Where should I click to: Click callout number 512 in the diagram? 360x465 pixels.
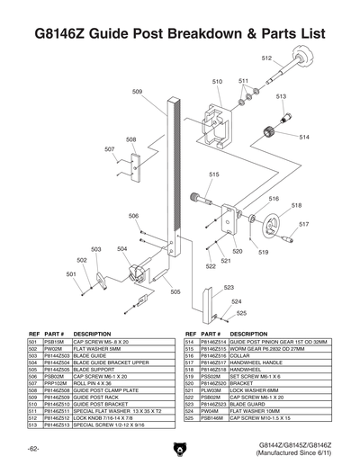[x=266, y=58]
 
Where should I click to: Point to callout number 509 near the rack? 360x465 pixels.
[x=137, y=92]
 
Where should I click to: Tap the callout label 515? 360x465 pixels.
[x=214, y=174]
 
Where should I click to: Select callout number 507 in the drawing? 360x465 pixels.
[x=109, y=149]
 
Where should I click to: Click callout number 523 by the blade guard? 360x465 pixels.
[x=229, y=288]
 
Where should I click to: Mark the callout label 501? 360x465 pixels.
[x=69, y=273]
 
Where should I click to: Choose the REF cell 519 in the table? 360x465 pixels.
[x=189, y=377]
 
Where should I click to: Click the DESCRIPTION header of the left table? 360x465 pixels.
[x=93, y=334]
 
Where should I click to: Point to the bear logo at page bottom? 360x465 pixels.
[x=180, y=447]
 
